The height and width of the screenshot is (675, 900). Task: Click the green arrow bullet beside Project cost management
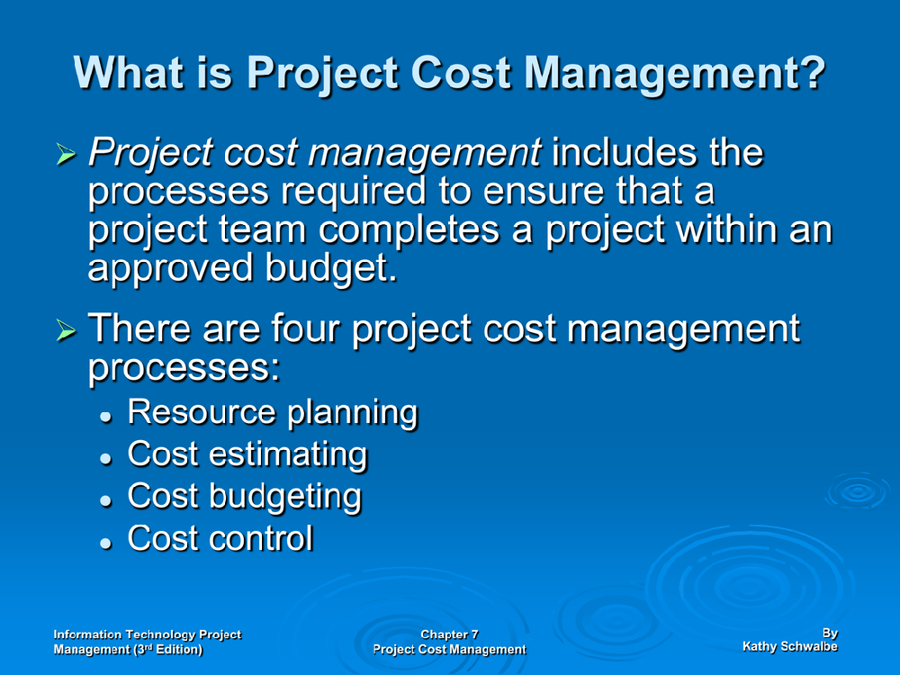click(x=67, y=154)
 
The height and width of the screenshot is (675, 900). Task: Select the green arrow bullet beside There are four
click(x=67, y=330)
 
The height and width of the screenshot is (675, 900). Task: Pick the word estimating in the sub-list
click(x=288, y=454)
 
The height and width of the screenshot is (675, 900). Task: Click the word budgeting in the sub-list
click(x=285, y=497)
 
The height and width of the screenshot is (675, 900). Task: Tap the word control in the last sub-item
click(x=261, y=538)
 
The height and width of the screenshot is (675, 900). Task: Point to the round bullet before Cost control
click(x=105, y=543)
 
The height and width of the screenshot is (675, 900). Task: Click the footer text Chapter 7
click(x=449, y=634)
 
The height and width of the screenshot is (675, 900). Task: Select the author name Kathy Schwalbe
click(x=790, y=646)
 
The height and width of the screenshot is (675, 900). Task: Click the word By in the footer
click(x=830, y=633)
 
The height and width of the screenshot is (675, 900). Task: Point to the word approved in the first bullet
click(x=170, y=268)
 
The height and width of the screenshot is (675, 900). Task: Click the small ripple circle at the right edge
click(x=858, y=490)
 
